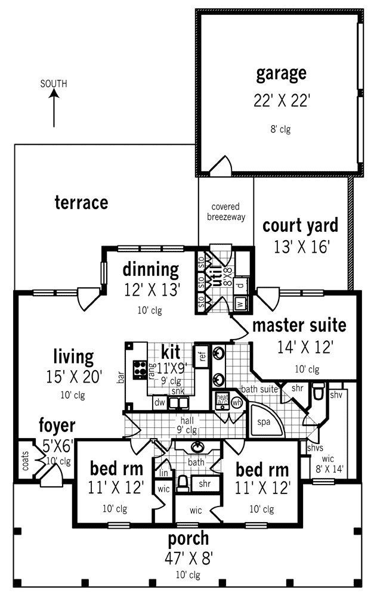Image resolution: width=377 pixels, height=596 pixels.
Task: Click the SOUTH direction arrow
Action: pos(54,107)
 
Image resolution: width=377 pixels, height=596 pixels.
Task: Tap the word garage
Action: pos(281,74)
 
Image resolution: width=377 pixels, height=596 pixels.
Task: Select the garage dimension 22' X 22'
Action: pos(282,101)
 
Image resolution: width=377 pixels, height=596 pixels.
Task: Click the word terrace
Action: pos(81,203)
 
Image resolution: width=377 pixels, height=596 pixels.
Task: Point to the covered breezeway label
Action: pos(225,212)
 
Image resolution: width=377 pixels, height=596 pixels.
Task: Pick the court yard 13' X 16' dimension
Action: pos(301,247)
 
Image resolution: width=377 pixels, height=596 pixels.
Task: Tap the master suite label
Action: pos(298,325)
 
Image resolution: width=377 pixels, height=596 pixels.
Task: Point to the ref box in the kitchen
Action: pos(202,357)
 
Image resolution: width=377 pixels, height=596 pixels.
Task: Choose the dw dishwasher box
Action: pos(159,403)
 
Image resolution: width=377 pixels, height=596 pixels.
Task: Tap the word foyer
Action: pos(57,426)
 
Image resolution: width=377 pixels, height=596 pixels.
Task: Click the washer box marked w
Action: pos(240,303)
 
